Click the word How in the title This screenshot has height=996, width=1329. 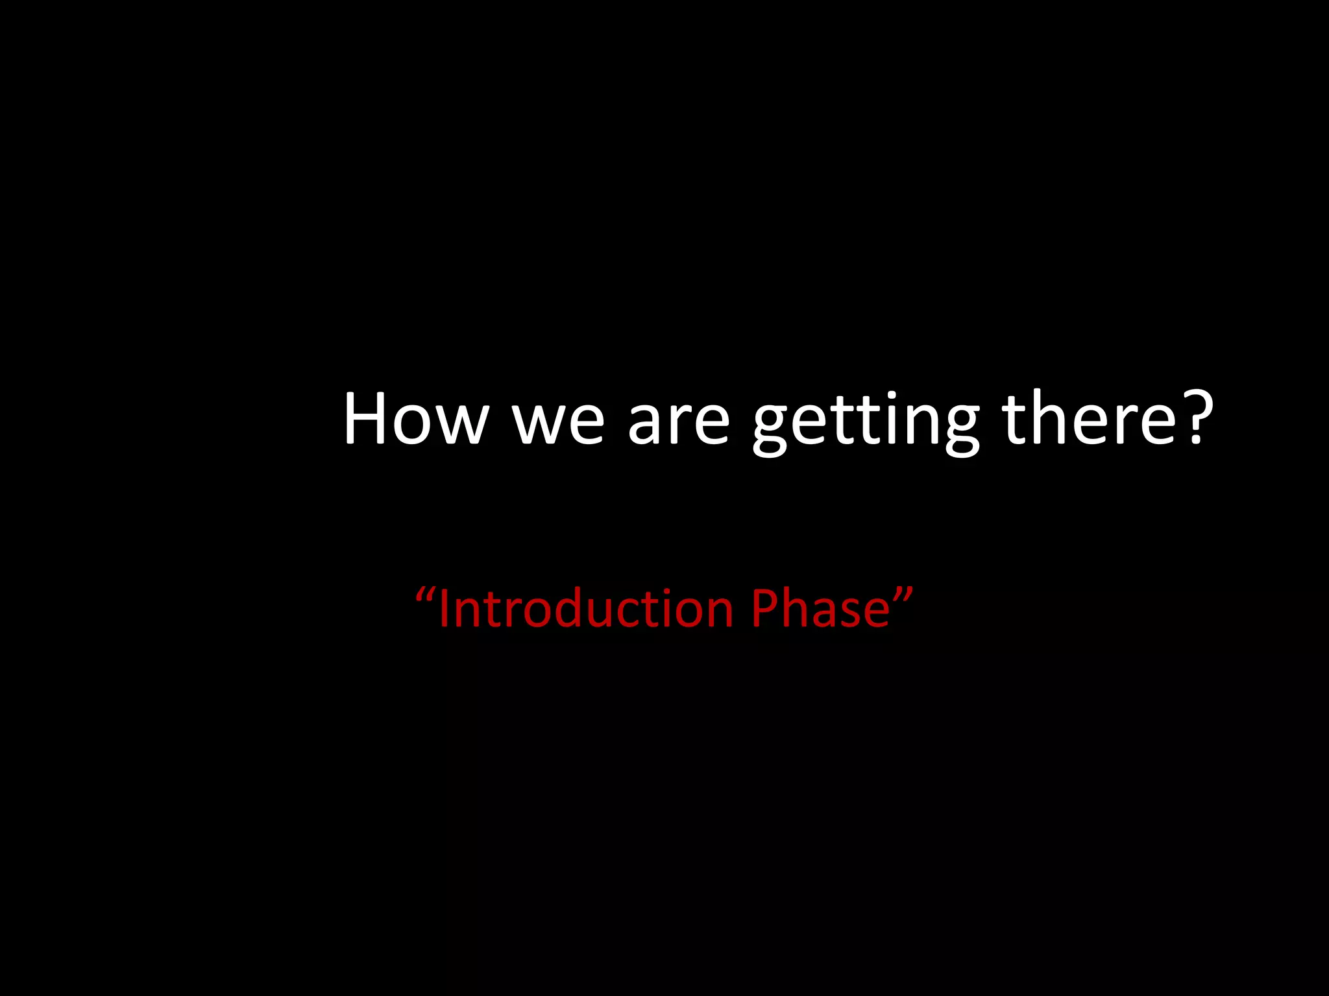tap(415, 420)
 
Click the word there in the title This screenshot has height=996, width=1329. tap(1088, 420)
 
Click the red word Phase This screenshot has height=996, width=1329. tap(821, 609)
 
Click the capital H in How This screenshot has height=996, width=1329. tap(367, 420)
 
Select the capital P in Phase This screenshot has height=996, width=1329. tap(765, 609)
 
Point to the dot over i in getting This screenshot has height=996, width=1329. tap(893, 396)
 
